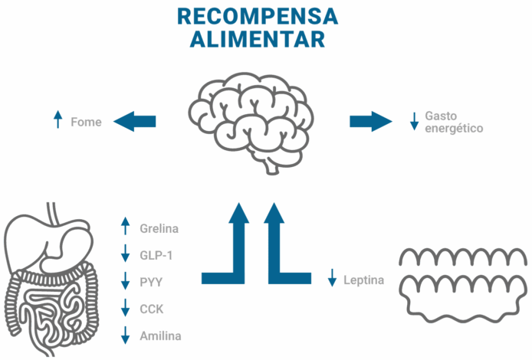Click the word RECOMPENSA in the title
(258, 16)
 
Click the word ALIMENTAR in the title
(258, 39)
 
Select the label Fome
(86, 122)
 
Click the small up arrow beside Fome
(57, 119)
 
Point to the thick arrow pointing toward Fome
(135, 121)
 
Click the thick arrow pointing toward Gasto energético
(370, 121)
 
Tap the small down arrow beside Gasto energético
(414, 121)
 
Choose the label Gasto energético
(454, 122)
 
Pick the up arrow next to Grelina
(126, 227)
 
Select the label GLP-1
(156, 255)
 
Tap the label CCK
(152, 309)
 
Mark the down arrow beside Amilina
(126, 335)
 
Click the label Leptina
(364, 280)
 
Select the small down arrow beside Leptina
(332, 277)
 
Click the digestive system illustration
(50, 280)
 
